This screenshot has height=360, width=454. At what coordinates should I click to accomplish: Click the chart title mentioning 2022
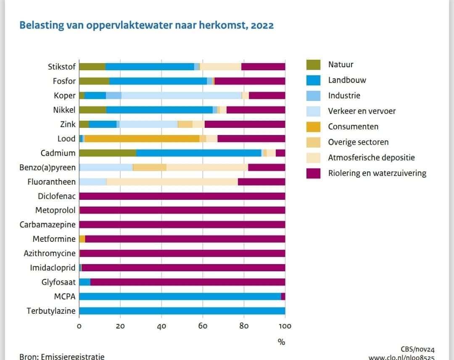click(146, 25)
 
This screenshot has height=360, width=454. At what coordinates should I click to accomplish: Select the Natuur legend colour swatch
click(313, 65)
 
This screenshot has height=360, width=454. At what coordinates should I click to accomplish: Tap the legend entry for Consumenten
click(353, 127)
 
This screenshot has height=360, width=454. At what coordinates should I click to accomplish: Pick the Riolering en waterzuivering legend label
click(377, 173)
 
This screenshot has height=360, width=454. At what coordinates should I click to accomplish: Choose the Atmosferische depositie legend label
click(371, 158)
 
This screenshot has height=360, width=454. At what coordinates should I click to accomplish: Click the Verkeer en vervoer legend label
click(362, 111)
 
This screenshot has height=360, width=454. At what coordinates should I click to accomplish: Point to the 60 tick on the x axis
click(203, 326)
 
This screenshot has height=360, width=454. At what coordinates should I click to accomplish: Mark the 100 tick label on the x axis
click(285, 326)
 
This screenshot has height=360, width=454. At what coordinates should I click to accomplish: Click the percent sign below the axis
click(281, 342)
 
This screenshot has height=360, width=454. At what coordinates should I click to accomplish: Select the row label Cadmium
click(58, 153)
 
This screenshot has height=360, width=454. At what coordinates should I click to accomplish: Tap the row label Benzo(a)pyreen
click(48, 167)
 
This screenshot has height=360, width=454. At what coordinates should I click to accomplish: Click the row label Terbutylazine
click(51, 311)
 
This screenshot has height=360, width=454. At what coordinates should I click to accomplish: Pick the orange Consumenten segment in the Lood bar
click(142, 139)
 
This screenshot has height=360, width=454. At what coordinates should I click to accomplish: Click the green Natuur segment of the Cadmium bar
click(108, 153)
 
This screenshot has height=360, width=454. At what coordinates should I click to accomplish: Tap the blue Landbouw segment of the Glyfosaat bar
click(84, 282)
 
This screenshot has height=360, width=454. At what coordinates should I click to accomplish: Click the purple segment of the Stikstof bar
click(263, 66)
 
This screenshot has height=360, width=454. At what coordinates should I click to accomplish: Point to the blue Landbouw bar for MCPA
click(180, 296)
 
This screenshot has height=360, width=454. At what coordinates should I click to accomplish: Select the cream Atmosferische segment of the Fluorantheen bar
click(172, 182)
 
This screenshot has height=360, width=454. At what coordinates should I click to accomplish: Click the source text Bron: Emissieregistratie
click(62, 356)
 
